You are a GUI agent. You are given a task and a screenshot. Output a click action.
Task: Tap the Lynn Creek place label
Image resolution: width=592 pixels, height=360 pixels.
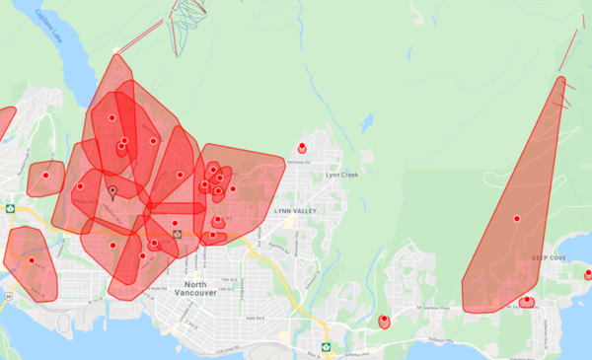coord(344,175)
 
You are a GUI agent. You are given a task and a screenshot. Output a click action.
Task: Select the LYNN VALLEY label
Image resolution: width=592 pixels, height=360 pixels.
coord(294,211)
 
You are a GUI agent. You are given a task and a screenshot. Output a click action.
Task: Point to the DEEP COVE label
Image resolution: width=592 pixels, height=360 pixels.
coord(551,258)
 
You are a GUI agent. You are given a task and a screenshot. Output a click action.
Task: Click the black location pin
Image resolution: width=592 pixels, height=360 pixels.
coord(112,191)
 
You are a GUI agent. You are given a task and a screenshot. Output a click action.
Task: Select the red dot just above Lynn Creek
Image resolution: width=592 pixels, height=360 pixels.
coord(302,146)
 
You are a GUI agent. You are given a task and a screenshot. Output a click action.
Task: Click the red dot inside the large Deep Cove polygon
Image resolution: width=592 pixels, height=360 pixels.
coord(516,217)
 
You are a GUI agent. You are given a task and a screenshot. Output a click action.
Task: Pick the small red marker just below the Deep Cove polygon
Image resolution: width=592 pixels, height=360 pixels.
coord(527,300)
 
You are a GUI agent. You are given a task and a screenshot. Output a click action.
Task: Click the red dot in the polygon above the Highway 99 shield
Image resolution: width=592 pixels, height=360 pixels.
coord(31,260)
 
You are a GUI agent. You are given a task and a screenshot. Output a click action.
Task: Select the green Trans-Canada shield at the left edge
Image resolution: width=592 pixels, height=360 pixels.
coord(10,209)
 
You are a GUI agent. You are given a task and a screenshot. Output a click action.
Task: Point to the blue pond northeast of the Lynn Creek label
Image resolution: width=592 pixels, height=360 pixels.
coord(367,124)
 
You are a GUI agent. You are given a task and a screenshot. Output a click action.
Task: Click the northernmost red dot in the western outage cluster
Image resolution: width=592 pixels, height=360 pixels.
coord(111,117)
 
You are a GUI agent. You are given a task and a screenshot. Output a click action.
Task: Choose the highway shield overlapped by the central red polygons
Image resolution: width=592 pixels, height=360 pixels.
coord(177,236)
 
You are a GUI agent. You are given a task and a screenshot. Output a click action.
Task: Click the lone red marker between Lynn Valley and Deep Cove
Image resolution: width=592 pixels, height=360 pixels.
coord(383,319)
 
